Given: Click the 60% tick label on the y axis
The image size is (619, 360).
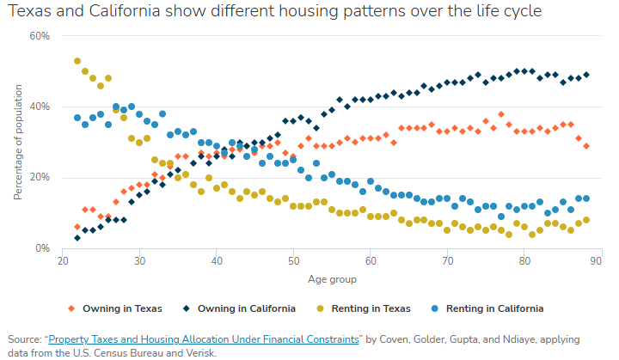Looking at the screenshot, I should pos(40,36).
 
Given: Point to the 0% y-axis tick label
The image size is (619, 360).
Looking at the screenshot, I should pos(42,248).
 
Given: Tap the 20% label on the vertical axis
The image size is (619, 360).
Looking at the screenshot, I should pos(40,178).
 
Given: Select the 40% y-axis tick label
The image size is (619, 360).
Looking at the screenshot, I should pos(40,107).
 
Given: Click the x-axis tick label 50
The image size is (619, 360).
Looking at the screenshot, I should pos(293,261).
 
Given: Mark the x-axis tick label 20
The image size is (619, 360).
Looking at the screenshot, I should pos(63,261).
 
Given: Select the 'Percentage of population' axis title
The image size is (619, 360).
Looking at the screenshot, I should pos(18,142).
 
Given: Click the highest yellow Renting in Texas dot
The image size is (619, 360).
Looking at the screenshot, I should pos(77,61).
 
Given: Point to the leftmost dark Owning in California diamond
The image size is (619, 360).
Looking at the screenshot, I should pos(77,238).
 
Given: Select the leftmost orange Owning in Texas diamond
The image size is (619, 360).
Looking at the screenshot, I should pos(77,227).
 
